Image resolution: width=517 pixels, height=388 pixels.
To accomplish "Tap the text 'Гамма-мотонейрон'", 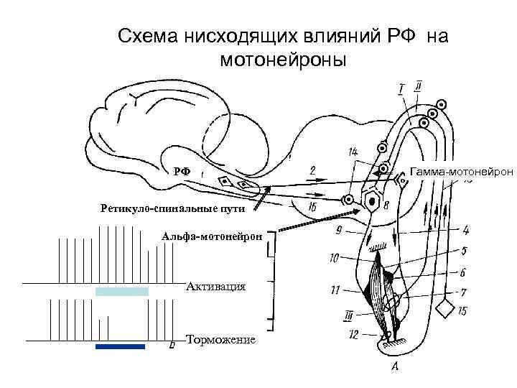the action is [461, 171].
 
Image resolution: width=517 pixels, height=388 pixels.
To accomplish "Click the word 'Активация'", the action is [215, 287].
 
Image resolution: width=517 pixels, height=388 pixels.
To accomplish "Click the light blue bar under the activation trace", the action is [121, 291].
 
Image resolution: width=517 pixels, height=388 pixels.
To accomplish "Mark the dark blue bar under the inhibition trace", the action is [120, 346].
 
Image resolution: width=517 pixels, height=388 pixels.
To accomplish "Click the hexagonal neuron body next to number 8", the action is [373, 200].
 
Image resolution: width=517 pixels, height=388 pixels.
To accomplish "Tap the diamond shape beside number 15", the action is [447, 309].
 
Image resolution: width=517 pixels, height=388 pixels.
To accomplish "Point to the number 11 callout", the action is [335, 291].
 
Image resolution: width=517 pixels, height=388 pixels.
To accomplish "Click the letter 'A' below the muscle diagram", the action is [394, 369].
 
